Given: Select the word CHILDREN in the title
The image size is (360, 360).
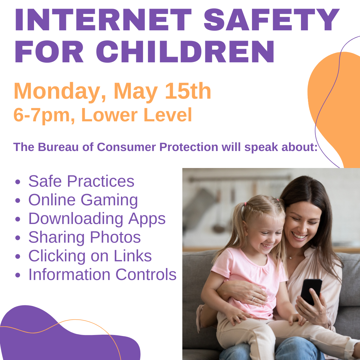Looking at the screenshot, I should tap(185, 52).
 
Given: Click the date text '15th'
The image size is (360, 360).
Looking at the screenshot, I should tap(188, 91).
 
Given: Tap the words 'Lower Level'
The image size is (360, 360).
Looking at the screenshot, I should tap(137, 115).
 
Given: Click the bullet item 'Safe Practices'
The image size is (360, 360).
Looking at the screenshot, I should tap(81, 181).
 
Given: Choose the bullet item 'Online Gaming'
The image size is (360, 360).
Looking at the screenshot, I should tap(83, 200).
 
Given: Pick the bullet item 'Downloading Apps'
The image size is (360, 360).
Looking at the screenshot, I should tap(97, 219).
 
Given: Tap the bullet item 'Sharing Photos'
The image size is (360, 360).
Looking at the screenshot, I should tap(84, 237).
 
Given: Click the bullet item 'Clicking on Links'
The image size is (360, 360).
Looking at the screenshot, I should tap(90, 256).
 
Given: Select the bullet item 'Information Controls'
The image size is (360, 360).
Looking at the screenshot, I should tap(102, 275).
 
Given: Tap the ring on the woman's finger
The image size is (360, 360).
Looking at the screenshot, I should tap(252, 299).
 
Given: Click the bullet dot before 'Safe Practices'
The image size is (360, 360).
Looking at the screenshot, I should tap(18, 182).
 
